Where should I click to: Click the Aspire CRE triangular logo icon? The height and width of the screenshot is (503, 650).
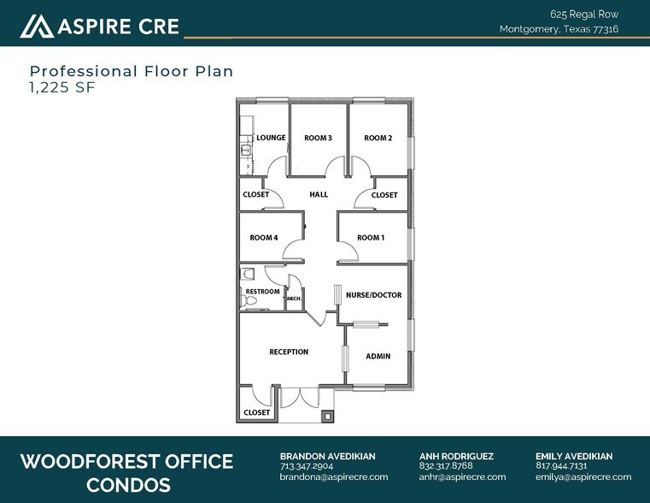click(x=37, y=27)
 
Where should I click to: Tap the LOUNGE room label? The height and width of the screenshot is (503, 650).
click(x=271, y=138)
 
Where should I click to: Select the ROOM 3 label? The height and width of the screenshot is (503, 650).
click(x=318, y=139)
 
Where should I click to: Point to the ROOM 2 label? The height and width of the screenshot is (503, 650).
click(x=378, y=139)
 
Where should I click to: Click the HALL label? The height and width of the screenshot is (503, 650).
click(x=319, y=194)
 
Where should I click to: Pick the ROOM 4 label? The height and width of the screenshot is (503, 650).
click(x=264, y=238)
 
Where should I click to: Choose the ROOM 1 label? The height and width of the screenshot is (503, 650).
click(x=371, y=238)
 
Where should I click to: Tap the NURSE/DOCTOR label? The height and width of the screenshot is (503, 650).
click(x=373, y=295)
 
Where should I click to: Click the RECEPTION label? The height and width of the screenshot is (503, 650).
click(x=289, y=352)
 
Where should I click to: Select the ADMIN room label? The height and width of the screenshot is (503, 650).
click(x=378, y=356)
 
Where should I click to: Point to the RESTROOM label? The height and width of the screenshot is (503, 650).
click(x=262, y=292)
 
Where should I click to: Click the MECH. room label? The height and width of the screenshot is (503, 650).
click(x=294, y=299)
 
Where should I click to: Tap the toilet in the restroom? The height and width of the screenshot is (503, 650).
click(x=249, y=301)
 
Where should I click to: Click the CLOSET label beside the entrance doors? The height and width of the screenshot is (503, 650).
click(x=256, y=412)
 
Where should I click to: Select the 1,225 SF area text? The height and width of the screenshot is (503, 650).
click(x=62, y=87)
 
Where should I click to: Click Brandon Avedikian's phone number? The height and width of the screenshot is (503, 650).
click(x=307, y=466)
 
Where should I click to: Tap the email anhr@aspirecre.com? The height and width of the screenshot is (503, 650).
click(x=462, y=476)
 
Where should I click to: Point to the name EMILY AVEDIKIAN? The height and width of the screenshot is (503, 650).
click(x=574, y=456)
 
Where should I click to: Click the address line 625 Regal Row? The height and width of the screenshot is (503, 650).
click(x=584, y=15)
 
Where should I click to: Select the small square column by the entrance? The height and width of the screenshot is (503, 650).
click(x=327, y=416)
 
